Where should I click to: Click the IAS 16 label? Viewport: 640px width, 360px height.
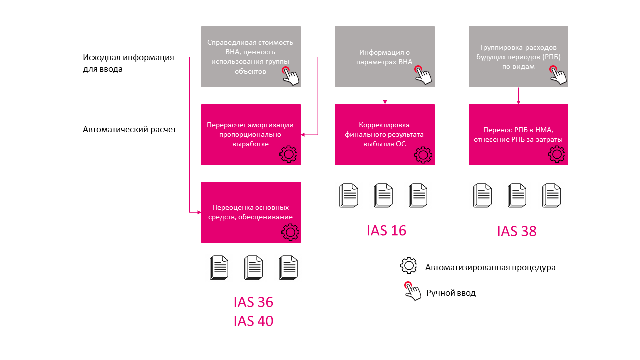[x=386, y=231]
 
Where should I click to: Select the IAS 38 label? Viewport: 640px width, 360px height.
[x=517, y=231]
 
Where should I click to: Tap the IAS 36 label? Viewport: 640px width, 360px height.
[x=253, y=302]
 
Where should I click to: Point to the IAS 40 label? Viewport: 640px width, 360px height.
[x=253, y=321]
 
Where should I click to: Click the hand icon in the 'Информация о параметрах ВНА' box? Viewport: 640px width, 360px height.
[x=423, y=75]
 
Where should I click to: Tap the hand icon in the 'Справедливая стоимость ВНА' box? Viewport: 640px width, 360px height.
[x=290, y=76]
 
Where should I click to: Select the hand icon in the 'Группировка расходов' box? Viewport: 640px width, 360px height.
[x=558, y=75]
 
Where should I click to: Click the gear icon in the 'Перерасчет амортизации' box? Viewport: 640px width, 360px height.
[x=288, y=154]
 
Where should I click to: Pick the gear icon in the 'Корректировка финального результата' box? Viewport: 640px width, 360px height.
[x=423, y=155]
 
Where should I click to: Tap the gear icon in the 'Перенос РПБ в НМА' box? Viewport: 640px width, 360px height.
[x=557, y=154]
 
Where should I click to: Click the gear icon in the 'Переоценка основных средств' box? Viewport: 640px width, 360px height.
[x=290, y=232]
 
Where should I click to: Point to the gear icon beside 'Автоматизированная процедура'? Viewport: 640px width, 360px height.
[x=409, y=265]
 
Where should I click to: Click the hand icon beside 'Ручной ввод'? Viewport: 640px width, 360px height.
[x=413, y=291]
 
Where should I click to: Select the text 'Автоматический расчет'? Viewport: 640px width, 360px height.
[x=129, y=129]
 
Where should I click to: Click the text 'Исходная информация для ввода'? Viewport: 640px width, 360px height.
[x=128, y=63]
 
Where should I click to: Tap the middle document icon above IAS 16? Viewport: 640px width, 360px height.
[x=383, y=195]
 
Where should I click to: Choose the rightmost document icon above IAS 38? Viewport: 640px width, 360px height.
[x=551, y=195]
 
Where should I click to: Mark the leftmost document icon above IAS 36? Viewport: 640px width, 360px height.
[x=219, y=268]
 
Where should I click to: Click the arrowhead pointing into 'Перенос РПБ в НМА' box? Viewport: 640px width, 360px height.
[x=518, y=102]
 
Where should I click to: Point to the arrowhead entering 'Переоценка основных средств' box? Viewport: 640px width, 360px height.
[x=199, y=212]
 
